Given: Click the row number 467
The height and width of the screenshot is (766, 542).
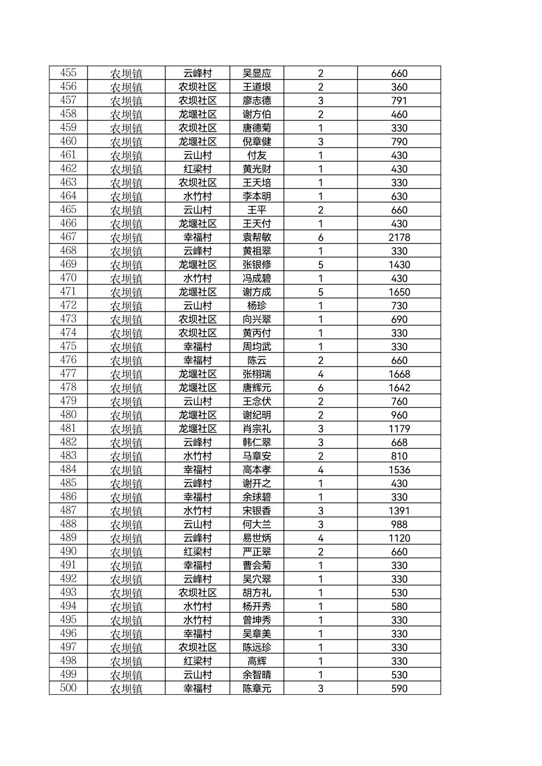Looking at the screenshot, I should pos(68,237).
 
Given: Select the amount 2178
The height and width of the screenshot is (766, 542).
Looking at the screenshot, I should pos(399,237).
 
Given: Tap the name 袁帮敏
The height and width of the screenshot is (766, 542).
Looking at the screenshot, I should pos(256,237).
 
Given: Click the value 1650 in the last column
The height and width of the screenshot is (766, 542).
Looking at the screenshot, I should pos(399,292).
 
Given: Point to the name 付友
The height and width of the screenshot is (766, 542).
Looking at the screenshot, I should pos(256,155).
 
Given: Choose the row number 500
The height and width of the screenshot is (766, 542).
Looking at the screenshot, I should pos(68,688).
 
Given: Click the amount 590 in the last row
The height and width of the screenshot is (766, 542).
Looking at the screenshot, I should pos(399,688).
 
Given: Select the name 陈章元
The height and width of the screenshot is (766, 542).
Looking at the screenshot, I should pos(256,688).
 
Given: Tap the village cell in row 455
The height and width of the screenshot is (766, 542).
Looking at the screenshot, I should pos(197,73).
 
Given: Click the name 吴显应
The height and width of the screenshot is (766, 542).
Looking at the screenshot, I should pos(256,73).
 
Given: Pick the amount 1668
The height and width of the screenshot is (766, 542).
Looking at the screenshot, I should pos(399,374).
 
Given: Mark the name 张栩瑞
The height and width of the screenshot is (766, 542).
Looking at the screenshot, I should pos(256,374).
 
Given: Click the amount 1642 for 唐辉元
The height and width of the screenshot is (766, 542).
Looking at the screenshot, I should pos(399,388).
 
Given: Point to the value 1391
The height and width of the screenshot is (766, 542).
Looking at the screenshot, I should pos(399,511).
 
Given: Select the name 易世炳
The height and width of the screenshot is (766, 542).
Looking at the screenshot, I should pos(256,538).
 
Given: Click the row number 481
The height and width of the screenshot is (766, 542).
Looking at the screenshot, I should pos(68,428).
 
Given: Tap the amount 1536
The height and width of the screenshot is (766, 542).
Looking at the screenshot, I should pos(399,470).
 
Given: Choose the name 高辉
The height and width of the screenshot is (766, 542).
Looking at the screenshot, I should pos(256,661).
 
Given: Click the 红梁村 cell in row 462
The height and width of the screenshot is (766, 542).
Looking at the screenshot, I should pos(197,169).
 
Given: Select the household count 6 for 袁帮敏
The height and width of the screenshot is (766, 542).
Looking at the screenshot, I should pos(320,237).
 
